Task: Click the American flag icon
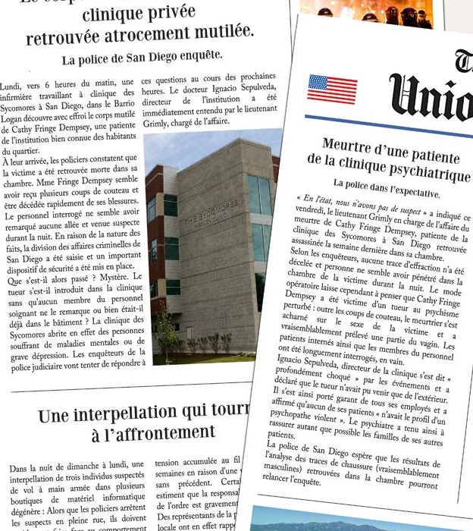[332, 89]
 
